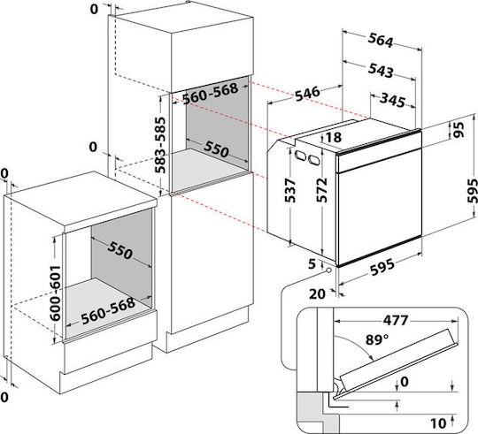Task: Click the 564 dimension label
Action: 381,40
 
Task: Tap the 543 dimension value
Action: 381,70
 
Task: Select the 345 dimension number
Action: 393,100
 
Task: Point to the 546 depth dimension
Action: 307,94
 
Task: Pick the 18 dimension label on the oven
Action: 334,137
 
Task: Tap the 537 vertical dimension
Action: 290,191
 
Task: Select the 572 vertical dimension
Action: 321,190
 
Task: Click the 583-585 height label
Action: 160,145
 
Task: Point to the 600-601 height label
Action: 56,293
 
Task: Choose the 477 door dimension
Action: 396,320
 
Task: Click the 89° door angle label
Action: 377,339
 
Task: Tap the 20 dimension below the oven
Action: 318,294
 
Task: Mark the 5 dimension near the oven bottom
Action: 312,264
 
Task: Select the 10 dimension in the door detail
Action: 438,423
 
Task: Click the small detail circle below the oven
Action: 328,270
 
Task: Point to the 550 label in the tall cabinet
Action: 216,148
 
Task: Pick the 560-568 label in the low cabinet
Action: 108,310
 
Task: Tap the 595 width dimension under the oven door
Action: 382,267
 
